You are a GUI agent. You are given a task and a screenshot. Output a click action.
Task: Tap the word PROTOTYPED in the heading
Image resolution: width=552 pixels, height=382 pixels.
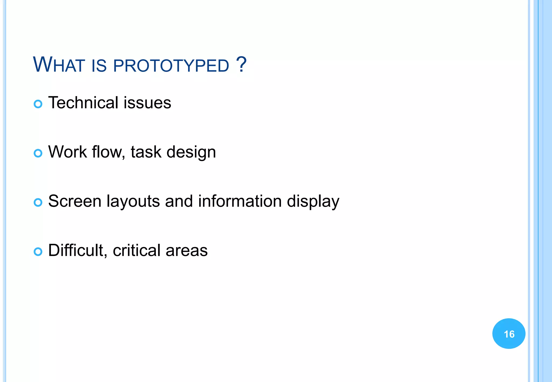click(171, 66)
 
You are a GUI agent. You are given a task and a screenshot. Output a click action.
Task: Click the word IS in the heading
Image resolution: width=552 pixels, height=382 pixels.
click(99, 66)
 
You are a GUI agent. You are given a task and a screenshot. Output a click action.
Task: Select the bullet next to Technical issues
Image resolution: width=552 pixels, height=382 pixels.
click(38, 104)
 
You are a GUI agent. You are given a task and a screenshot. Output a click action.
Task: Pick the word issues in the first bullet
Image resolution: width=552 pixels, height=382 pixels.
click(147, 103)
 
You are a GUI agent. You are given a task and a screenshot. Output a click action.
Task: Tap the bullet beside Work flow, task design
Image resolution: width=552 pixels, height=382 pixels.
click(38, 153)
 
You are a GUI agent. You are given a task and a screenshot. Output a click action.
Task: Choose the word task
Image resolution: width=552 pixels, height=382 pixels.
click(146, 152)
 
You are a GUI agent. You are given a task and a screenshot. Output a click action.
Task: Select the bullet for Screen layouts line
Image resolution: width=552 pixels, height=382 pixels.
click(38, 203)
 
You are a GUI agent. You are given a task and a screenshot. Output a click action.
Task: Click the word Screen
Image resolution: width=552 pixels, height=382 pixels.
click(75, 201)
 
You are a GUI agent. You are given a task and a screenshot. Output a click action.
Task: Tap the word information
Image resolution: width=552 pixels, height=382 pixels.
click(240, 201)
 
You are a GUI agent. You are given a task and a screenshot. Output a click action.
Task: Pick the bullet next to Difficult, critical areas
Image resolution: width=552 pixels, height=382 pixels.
click(38, 252)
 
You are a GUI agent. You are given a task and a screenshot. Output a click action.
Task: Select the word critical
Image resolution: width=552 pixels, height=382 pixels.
click(137, 251)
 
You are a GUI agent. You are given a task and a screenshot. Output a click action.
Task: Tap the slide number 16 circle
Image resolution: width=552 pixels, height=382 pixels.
click(509, 334)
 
